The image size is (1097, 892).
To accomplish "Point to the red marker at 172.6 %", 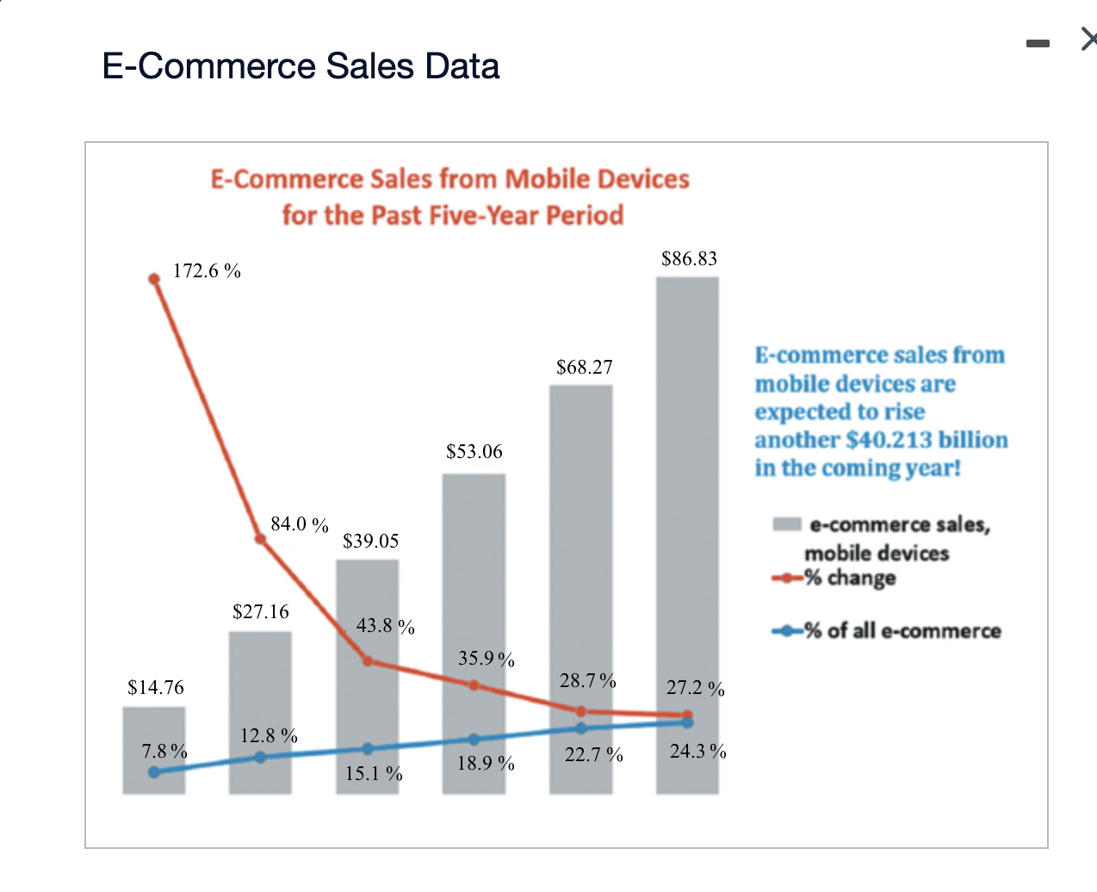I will pyautogui.click(x=154, y=279).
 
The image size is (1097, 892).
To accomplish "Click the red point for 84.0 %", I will pyautogui.click(x=261, y=540).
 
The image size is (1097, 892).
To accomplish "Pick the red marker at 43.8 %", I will pyautogui.click(x=368, y=661).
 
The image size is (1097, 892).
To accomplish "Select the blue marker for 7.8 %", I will pyautogui.click(x=154, y=772).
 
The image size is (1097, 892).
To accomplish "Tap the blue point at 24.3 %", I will pyautogui.click(x=687, y=722).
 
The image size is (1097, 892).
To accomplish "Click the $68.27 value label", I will pyautogui.click(x=585, y=368).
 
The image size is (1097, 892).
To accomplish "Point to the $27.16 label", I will pyautogui.click(x=261, y=612).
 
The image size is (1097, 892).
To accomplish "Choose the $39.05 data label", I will pyautogui.click(x=371, y=542).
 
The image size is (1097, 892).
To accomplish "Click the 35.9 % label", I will pyautogui.click(x=487, y=660).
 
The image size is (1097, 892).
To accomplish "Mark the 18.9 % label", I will pyautogui.click(x=486, y=764).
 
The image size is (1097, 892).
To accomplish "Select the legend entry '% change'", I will pyautogui.click(x=850, y=578).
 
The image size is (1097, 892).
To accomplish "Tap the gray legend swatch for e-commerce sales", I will pyautogui.click(x=787, y=524).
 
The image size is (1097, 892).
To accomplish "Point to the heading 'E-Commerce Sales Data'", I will pyautogui.click(x=301, y=66).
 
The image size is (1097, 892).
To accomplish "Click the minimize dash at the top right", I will pyautogui.click(x=1038, y=43).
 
